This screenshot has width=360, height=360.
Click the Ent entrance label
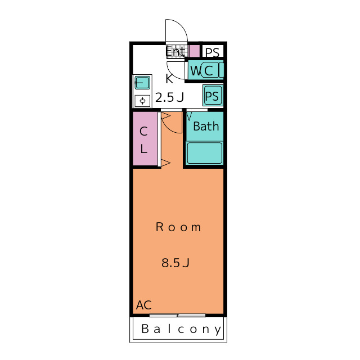click(175, 51)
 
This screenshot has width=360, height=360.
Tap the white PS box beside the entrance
click(213, 51)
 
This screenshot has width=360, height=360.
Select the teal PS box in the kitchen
click(213, 96)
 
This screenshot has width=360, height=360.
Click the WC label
click(201, 70)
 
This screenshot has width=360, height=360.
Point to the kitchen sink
click(142, 83)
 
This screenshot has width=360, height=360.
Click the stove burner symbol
click(142, 101)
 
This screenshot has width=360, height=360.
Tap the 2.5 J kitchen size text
click(170, 97)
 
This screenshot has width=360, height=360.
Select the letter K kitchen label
click(169, 79)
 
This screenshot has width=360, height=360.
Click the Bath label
click(206, 126)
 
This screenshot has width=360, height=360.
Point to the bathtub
click(204, 153)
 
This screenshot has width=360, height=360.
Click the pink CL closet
click(145, 138)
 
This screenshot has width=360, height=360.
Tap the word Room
click(178, 227)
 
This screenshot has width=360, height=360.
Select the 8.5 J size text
click(175, 263)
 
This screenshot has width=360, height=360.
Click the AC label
click(144, 305)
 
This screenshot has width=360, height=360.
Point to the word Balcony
click(181, 329)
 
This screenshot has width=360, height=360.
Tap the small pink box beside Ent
click(194, 51)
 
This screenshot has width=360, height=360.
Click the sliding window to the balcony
click(178, 315)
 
